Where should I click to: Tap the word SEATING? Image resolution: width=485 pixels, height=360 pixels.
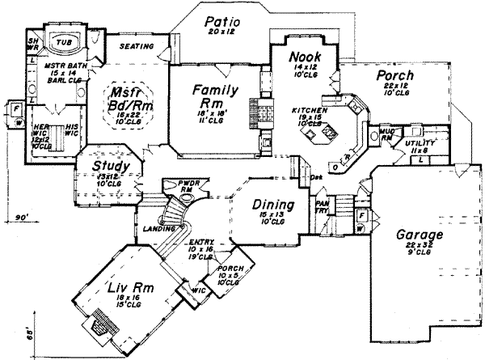coord(137,47)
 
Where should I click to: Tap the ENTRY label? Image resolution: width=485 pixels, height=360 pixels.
coord(201,243)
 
